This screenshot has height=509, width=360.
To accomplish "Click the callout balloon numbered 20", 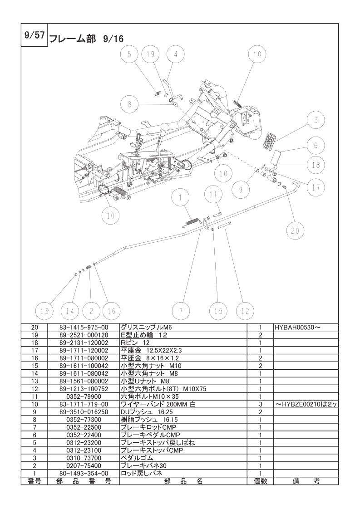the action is (295, 231).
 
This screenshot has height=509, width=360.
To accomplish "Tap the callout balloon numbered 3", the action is (316, 120).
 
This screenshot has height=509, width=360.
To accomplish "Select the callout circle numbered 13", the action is (44, 311).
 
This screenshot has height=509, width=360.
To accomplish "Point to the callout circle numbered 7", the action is (181, 311).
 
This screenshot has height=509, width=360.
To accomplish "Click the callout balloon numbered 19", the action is (150, 54).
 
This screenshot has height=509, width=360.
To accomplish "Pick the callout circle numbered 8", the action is (129, 104).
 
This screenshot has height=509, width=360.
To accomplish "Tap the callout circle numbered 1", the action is (180, 197).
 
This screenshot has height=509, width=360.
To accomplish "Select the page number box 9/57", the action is (35, 35).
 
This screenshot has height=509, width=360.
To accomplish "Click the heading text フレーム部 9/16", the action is (86, 39).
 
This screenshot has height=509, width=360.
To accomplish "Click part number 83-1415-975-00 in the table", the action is (84, 327).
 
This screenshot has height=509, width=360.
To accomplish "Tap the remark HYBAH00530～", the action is (298, 327).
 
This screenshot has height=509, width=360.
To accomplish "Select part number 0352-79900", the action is (84, 396).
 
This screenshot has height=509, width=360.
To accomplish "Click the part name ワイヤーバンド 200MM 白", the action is (158, 404).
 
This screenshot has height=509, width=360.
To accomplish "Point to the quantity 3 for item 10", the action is (260, 405).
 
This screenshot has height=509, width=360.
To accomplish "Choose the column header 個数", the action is (260, 481).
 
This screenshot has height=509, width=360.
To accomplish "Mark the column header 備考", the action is (306, 481).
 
